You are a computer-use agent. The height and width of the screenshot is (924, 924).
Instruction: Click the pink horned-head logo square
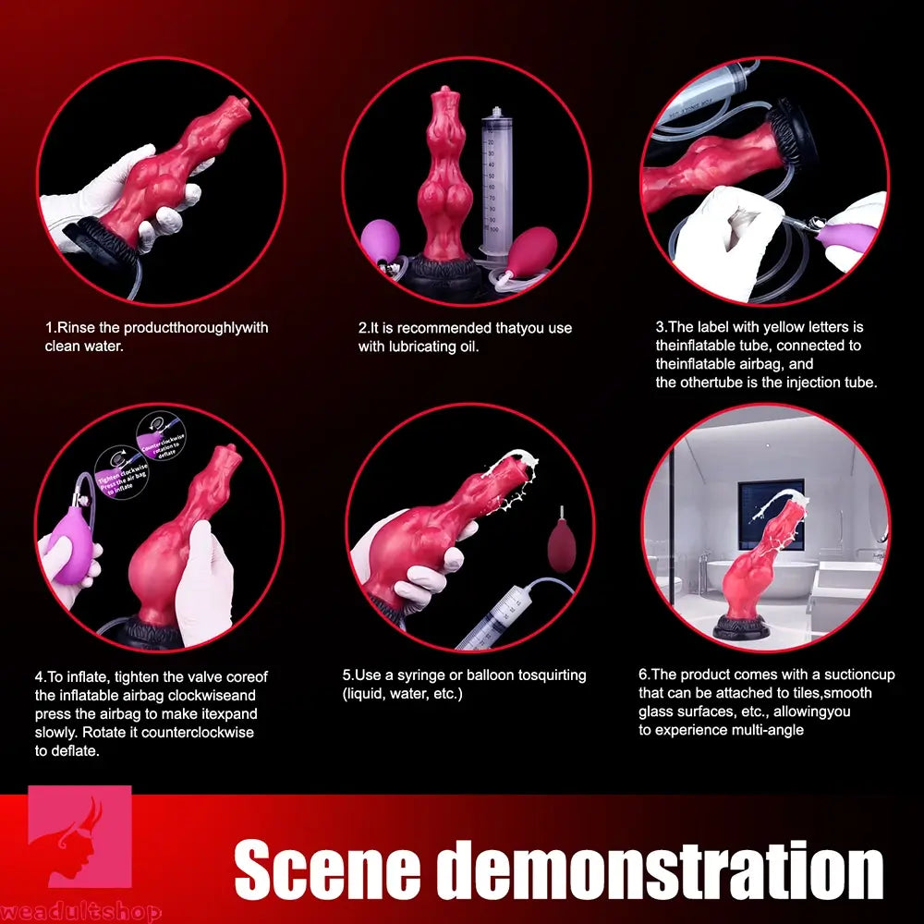tap(79, 837)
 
